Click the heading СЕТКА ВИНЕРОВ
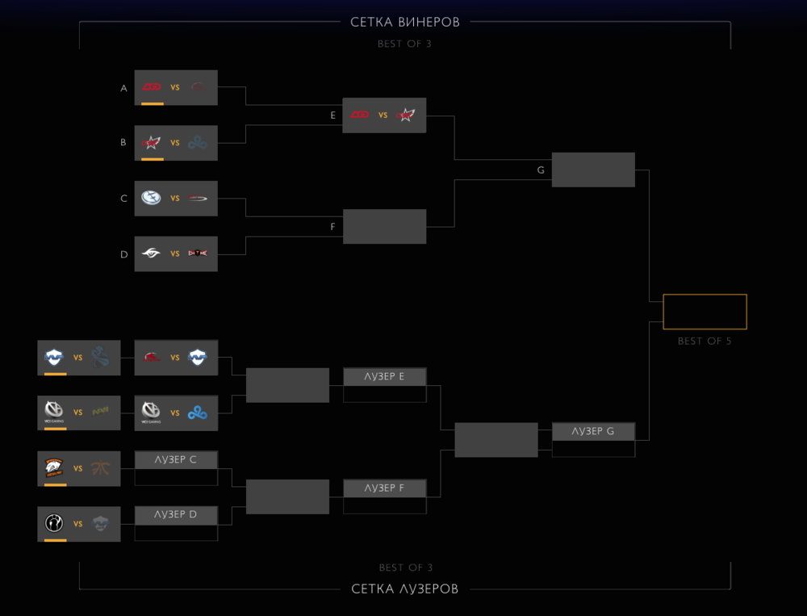point(405,23)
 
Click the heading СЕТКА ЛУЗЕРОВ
point(405,589)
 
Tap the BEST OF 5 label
point(705,342)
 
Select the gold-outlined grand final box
point(705,312)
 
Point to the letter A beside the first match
point(124,88)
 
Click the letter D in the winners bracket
point(124,254)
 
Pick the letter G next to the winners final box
point(541,170)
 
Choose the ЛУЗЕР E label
point(384,376)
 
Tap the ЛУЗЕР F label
point(384,488)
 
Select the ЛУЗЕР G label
point(593,431)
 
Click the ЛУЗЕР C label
point(176,459)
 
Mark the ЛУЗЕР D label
point(176,514)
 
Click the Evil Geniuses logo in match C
point(151,198)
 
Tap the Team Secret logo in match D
point(151,254)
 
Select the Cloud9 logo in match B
point(198,143)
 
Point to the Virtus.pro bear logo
point(54,467)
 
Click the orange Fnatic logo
point(101,468)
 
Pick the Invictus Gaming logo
point(54,523)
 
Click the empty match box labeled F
point(384,226)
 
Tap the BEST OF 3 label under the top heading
point(404,44)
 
